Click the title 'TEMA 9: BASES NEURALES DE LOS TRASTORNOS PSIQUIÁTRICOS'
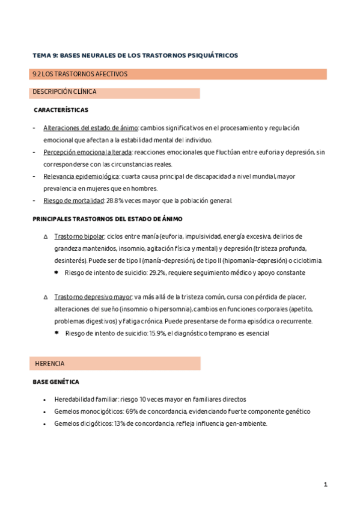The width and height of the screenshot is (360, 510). pyautogui.click(x=135, y=55)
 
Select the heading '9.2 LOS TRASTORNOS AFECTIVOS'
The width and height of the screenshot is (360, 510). pyautogui.click(x=80, y=75)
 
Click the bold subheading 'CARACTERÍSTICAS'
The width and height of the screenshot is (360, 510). pyautogui.click(x=61, y=110)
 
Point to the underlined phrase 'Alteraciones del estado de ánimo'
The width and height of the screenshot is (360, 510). pyautogui.click(x=91, y=128)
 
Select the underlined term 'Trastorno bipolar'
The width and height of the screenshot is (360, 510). pyautogui.click(x=79, y=236)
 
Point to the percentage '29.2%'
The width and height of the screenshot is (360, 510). pyautogui.click(x=159, y=272)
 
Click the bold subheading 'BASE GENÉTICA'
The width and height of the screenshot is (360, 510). pyautogui.click(x=56, y=382)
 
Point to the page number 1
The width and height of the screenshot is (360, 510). pyautogui.click(x=325, y=484)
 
